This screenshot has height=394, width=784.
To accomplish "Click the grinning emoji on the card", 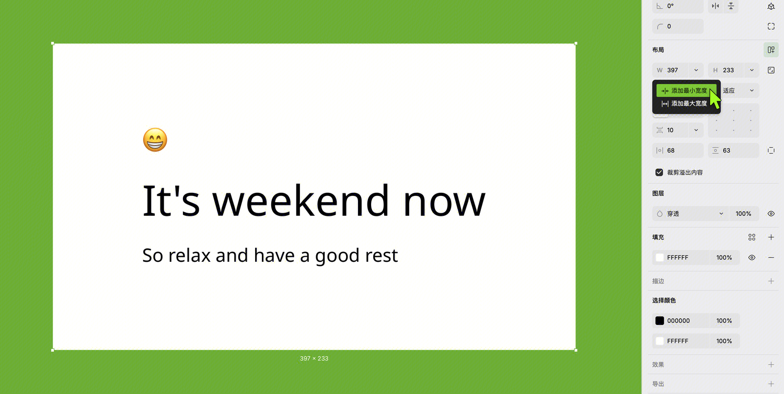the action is (155, 140).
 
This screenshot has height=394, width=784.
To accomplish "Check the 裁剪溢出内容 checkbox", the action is (659, 172).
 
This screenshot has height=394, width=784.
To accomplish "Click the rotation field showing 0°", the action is (677, 6).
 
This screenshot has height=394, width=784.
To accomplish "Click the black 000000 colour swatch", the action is (660, 321).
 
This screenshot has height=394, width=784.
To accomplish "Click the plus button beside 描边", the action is (771, 281).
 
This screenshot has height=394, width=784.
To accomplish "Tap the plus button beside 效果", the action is (771, 365).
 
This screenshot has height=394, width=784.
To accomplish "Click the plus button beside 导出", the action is (771, 384).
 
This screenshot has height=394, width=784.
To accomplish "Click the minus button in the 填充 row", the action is (771, 258).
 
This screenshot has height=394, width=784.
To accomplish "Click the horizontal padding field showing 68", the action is (678, 150).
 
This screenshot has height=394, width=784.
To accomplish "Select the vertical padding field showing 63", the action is (734, 150).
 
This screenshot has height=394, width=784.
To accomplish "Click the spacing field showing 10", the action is (670, 130).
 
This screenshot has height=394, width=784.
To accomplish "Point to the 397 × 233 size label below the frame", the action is (314, 358).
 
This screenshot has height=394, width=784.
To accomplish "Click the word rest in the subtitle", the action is (382, 256).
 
